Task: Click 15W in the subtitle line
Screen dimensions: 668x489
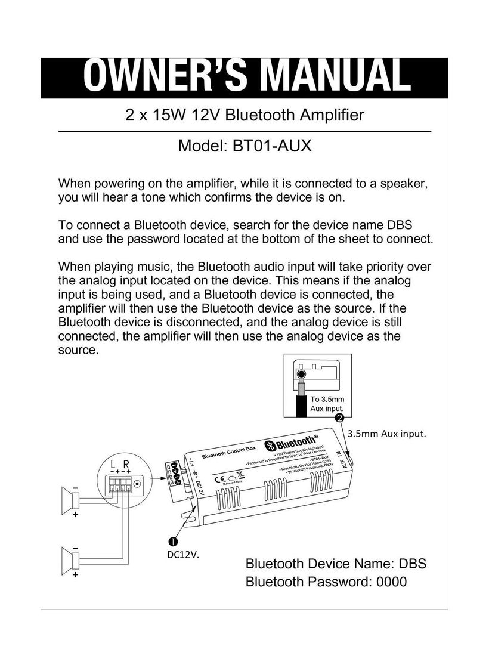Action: [x=169, y=115]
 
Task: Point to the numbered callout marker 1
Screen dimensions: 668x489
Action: [x=172, y=542]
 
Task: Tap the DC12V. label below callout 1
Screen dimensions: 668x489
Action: [x=182, y=555]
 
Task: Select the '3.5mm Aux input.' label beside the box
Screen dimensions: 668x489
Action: [x=386, y=434]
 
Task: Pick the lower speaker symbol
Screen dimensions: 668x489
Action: [x=68, y=561]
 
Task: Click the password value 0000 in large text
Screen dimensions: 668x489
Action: [x=388, y=582]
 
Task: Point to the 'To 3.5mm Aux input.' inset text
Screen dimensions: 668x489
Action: [x=327, y=403]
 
